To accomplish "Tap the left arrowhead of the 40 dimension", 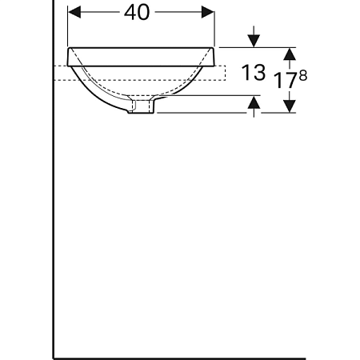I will click(x=74, y=12).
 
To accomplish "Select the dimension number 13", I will click(x=254, y=72).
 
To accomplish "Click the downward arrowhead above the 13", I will click(x=254, y=40).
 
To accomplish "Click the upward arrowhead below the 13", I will click(x=254, y=102).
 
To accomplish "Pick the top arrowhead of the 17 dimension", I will click(x=290, y=53).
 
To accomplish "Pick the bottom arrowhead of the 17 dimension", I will click(x=290, y=106).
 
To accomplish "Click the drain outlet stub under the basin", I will click(x=142, y=106).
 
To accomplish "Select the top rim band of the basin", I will click(x=142, y=55).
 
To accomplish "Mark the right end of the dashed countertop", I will click(x=226, y=73).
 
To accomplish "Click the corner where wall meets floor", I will click(x=54, y=358).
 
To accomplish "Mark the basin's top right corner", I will click(x=215, y=47).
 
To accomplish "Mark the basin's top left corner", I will click(x=69, y=47).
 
